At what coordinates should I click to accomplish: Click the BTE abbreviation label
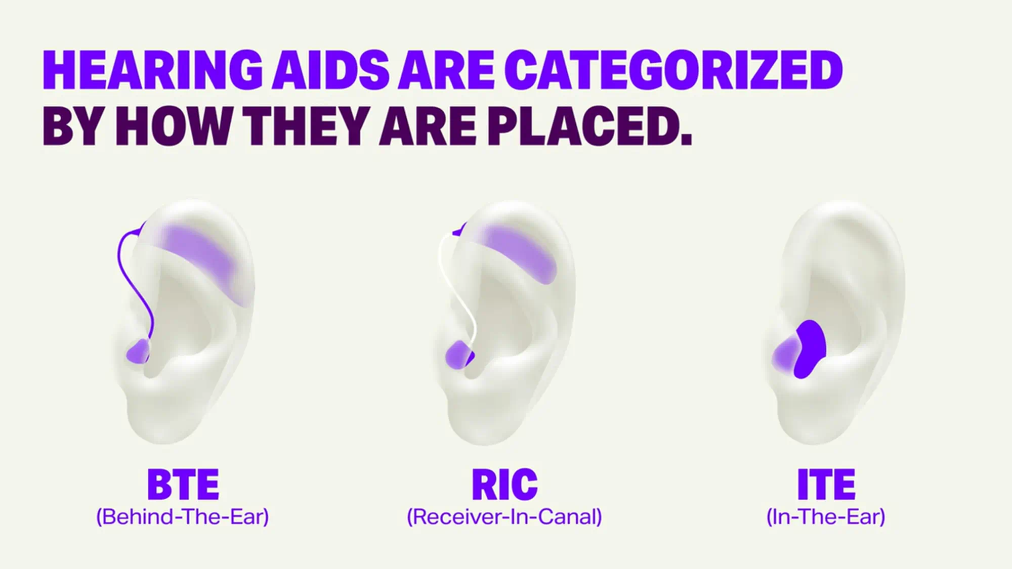(183, 484)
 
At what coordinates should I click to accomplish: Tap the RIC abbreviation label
(504, 484)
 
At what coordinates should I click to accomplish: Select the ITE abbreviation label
(826, 484)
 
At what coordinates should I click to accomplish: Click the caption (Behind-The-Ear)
(183, 516)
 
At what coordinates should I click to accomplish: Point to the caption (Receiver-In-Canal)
(504, 516)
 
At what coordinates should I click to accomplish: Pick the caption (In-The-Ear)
(826, 516)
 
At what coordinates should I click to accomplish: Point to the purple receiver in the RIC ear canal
(458, 354)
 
